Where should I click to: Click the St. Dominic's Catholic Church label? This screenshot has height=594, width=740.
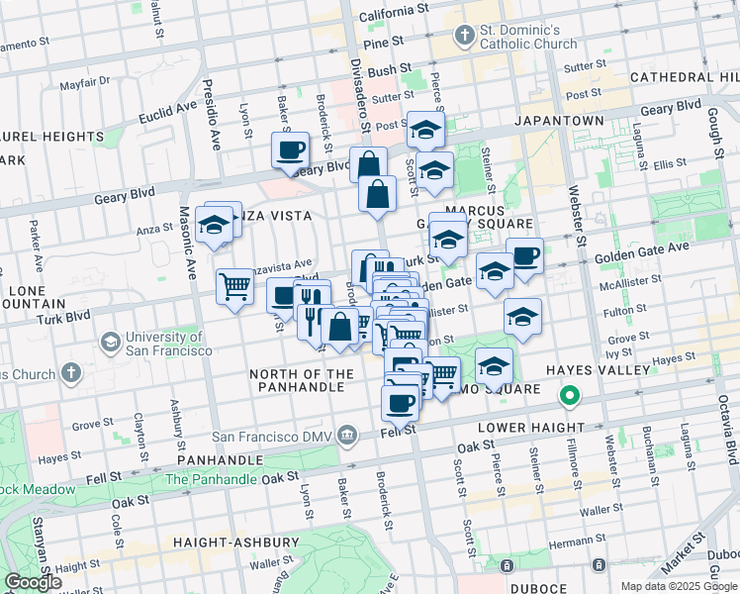point(528,37)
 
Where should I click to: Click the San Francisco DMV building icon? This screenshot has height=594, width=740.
point(347,434)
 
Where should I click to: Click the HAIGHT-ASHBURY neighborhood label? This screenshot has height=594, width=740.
point(235,543)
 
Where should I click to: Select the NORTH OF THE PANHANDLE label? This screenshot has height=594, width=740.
point(301,380)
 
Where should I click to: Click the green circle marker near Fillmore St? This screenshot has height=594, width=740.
point(570,398)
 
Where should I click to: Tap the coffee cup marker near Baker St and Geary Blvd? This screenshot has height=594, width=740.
point(291,150)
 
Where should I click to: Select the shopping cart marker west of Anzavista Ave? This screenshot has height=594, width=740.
point(234,287)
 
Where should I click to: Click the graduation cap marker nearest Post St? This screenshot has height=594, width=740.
point(425,129)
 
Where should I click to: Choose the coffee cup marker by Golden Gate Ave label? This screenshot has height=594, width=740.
point(525,255)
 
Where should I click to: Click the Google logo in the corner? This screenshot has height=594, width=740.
point(34,581)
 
